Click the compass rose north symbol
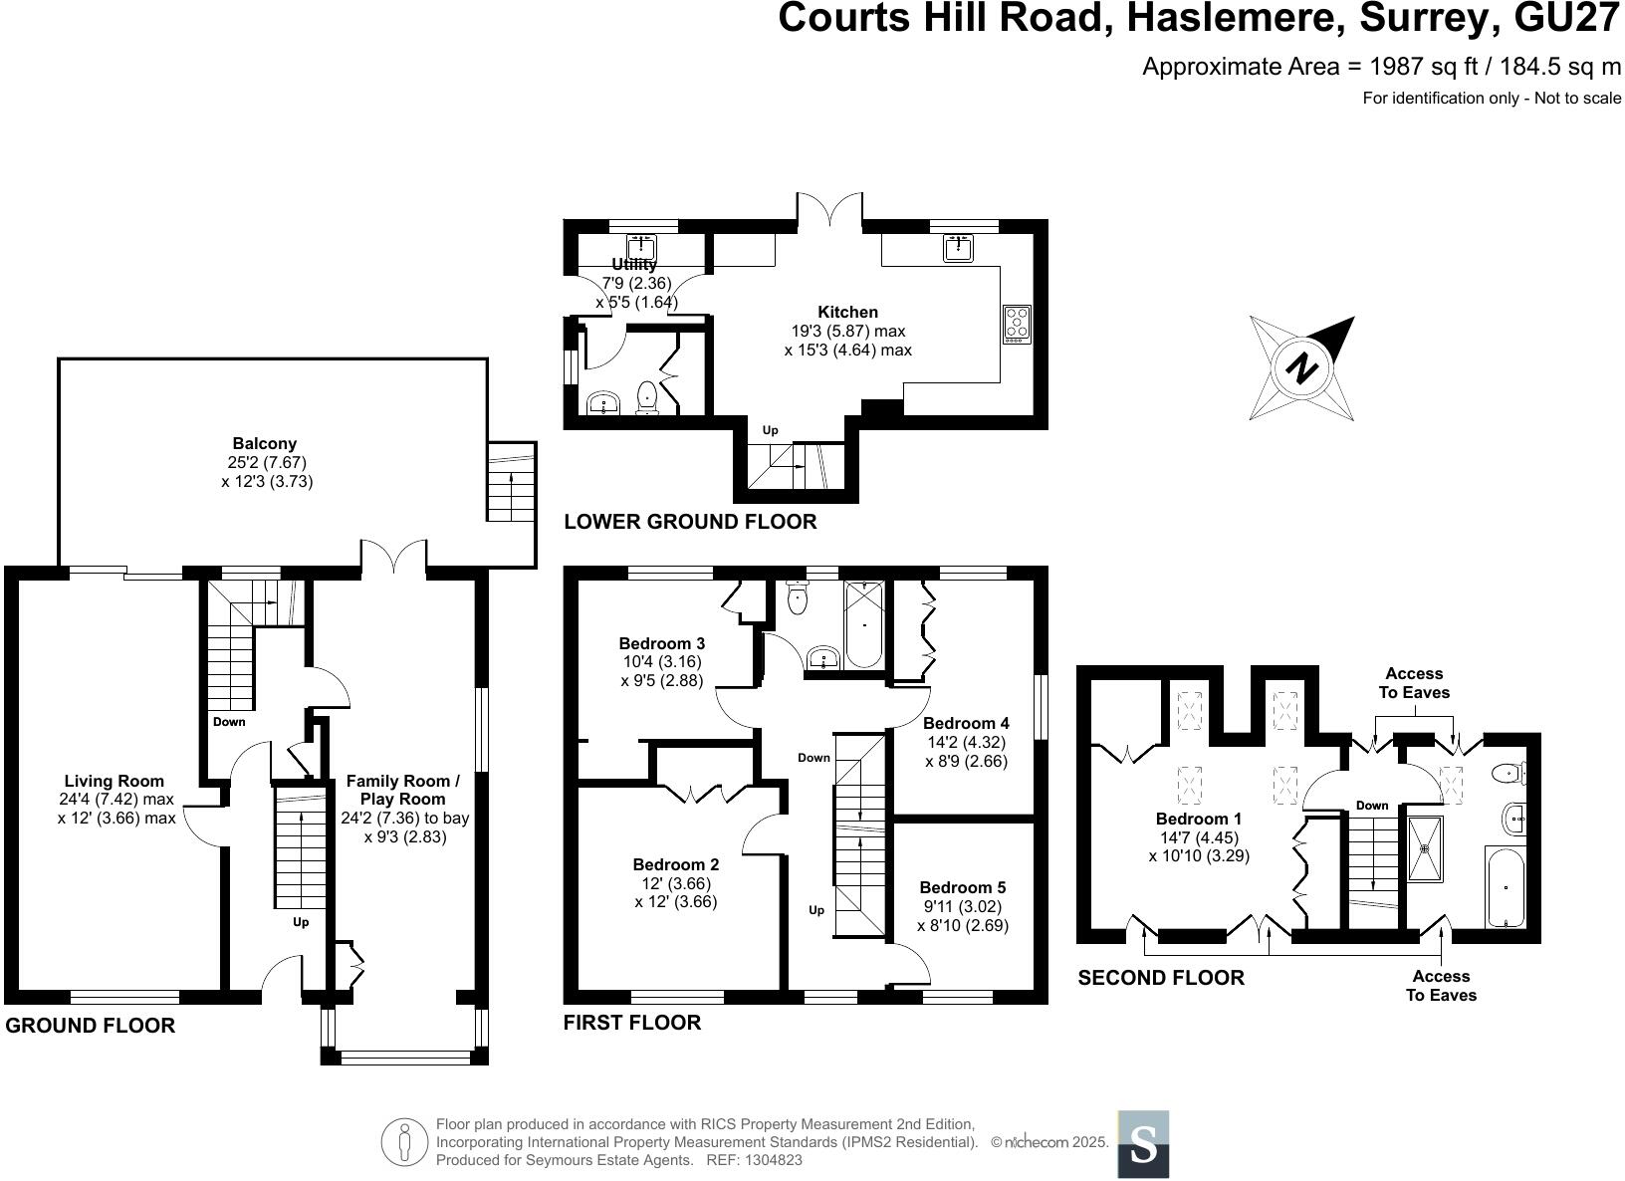click(1301, 368)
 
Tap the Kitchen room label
click(847, 312)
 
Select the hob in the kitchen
click(1017, 324)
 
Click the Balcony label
click(264, 444)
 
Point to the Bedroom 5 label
click(962, 887)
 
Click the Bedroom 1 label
click(1198, 819)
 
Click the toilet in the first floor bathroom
click(798, 597)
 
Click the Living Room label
click(115, 781)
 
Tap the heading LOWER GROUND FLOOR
click(690, 522)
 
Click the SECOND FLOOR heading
click(1161, 978)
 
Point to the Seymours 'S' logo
click(1143, 1144)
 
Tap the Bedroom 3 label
click(661, 643)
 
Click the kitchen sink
click(958, 247)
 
